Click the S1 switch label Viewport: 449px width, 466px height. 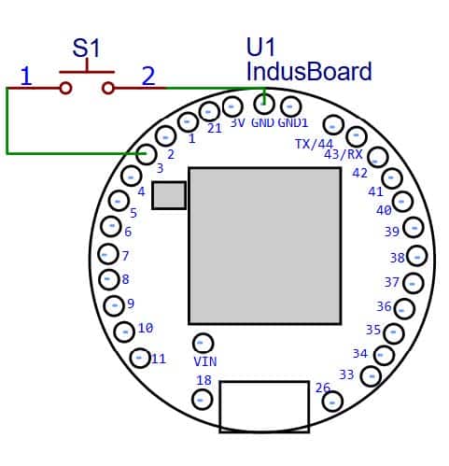pyautogui.click(x=86, y=49)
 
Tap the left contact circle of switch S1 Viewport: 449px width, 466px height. pyautogui.click(x=65, y=88)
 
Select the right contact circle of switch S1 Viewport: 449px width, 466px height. pyautogui.click(x=108, y=88)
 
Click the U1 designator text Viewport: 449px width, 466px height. pyautogui.click(x=260, y=47)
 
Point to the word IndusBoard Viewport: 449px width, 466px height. pyautogui.click(x=309, y=71)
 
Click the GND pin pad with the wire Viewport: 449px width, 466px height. pyautogui.click(x=264, y=105)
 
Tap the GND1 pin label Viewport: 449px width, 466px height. pyautogui.click(x=293, y=122)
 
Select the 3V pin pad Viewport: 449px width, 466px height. pyautogui.click(x=232, y=106)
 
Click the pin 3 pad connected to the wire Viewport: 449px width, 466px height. pyautogui.click(x=146, y=154)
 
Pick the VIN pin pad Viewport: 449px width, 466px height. pyautogui.click(x=203, y=343)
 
